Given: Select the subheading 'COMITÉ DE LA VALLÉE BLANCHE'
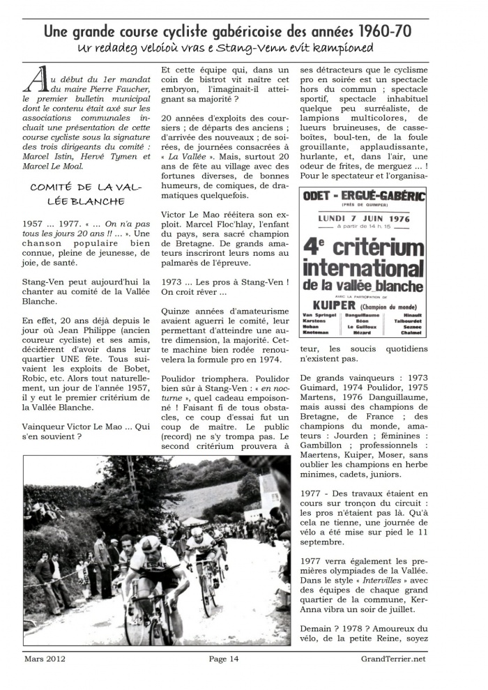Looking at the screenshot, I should tap(77, 193).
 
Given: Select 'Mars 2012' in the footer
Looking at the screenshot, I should tap(44, 659).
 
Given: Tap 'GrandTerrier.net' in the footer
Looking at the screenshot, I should tap(393, 659).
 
